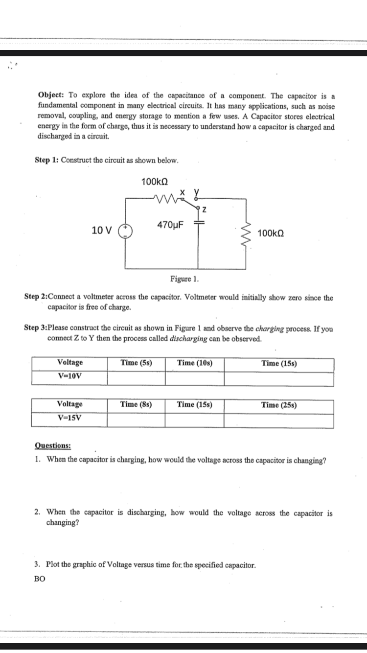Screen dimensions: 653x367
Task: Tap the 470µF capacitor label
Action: [x=170, y=225]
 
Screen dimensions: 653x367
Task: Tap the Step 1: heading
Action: [x=47, y=161]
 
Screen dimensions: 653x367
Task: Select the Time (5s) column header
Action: [x=136, y=363]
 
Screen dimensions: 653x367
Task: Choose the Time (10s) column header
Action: [x=194, y=363]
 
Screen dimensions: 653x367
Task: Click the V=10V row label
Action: [x=69, y=376]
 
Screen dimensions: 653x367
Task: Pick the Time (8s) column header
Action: [x=136, y=404]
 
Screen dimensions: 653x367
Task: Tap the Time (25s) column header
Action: [x=279, y=405]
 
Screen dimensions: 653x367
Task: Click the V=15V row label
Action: [x=69, y=418]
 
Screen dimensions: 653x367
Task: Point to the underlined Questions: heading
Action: [x=53, y=445]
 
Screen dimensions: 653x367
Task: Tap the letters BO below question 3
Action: [x=40, y=578]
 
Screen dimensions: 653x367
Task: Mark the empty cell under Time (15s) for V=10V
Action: [x=279, y=379]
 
